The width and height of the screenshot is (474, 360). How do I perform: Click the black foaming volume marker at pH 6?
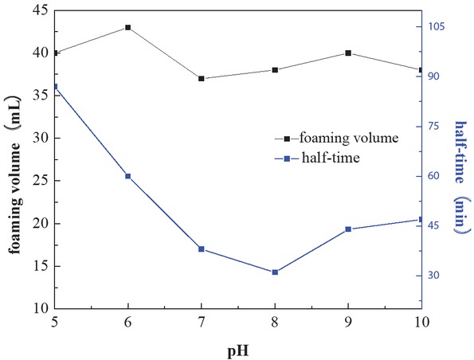(128, 27)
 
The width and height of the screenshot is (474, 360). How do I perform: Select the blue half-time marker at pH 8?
(275, 272)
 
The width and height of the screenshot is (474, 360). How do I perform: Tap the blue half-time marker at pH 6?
(128, 176)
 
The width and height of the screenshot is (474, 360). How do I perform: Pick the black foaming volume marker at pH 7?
(202, 79)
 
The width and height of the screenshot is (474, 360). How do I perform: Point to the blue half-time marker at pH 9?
(348, 229)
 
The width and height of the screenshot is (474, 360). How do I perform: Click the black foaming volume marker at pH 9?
(348, 53)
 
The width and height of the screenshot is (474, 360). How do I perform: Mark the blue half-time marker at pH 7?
(202, 249)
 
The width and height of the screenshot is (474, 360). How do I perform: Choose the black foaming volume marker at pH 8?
(275, 70)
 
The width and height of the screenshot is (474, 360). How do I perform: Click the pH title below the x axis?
(238, 348)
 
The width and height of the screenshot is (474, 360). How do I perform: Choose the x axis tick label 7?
(202, 322)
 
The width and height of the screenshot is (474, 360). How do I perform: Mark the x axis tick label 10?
(420, 322)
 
